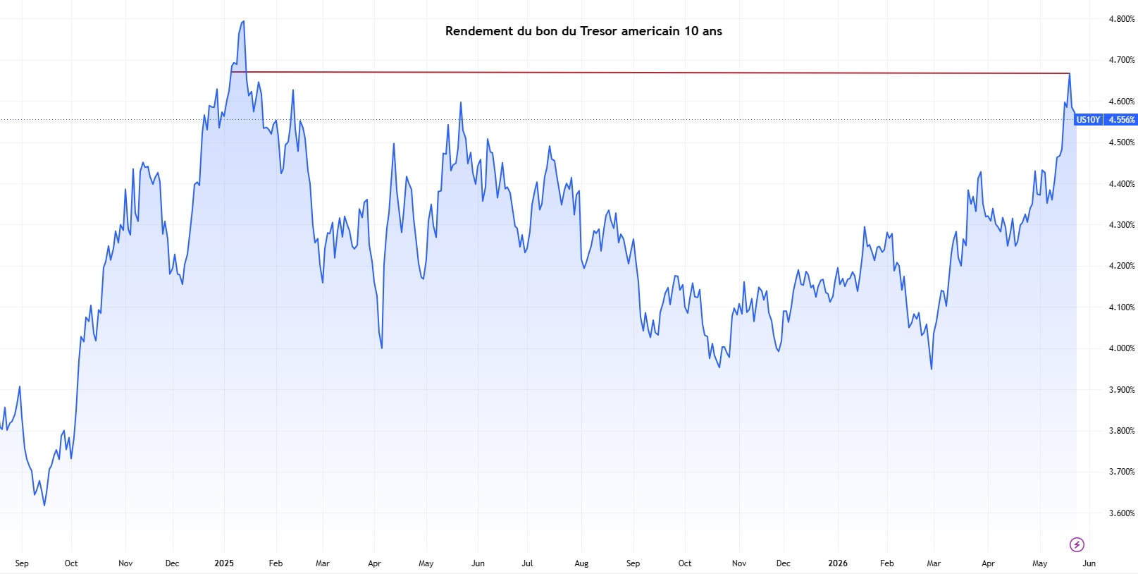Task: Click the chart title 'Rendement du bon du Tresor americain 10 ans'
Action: click(583, 31)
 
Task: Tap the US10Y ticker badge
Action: click(1088, 120)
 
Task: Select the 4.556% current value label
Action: click(1121, 120)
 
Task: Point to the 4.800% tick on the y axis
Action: click(1121, 19)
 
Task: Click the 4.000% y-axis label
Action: click(1121, 348)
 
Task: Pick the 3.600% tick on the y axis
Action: click(1121, 513)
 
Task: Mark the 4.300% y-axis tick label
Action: click(1121, 225)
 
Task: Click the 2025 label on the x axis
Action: click(224, 563)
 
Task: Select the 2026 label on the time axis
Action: click(838, 563)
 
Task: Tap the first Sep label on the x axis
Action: click(22, 563)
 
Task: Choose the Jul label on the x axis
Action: click(527, 563)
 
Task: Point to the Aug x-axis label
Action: click(581, 563)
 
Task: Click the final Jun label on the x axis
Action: click(1089, 563)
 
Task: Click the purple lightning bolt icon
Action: click(1077, 544)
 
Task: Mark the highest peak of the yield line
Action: click(244, 21)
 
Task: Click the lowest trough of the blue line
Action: click(44, 506)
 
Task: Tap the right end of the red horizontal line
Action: click(1070, 74)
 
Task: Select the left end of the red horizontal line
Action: click(232, 72)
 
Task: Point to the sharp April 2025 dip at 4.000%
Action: click(381, 348)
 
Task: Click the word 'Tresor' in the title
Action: click(599, 31)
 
